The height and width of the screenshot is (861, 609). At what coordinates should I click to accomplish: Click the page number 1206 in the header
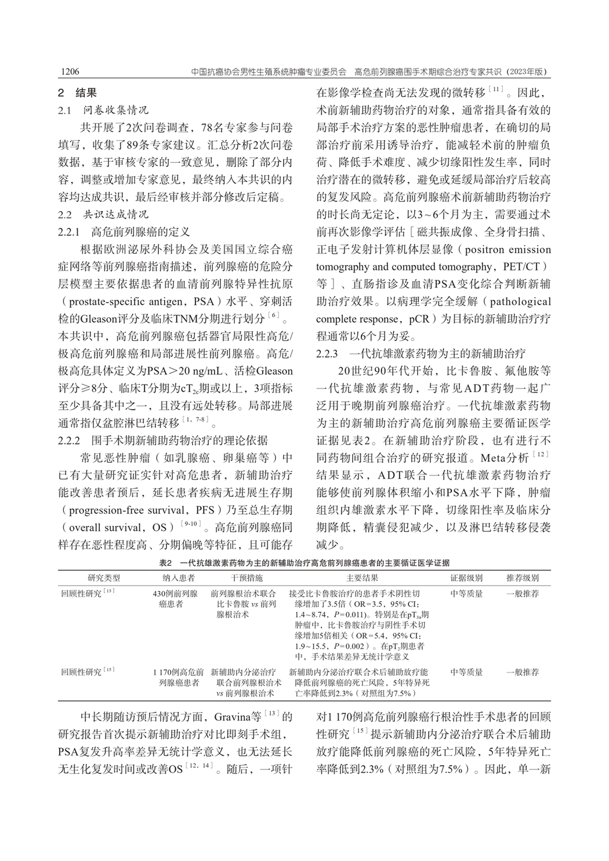click(x=70, y=72)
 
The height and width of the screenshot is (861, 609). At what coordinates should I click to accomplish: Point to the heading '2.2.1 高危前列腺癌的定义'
click(x=124, y=232)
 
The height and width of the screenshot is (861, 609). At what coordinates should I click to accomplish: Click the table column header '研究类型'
click(x=104, y=578)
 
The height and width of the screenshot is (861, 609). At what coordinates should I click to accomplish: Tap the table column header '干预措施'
click(x=246, y=578)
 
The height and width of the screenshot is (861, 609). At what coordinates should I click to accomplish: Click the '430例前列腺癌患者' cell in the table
click(x=179, y=599)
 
